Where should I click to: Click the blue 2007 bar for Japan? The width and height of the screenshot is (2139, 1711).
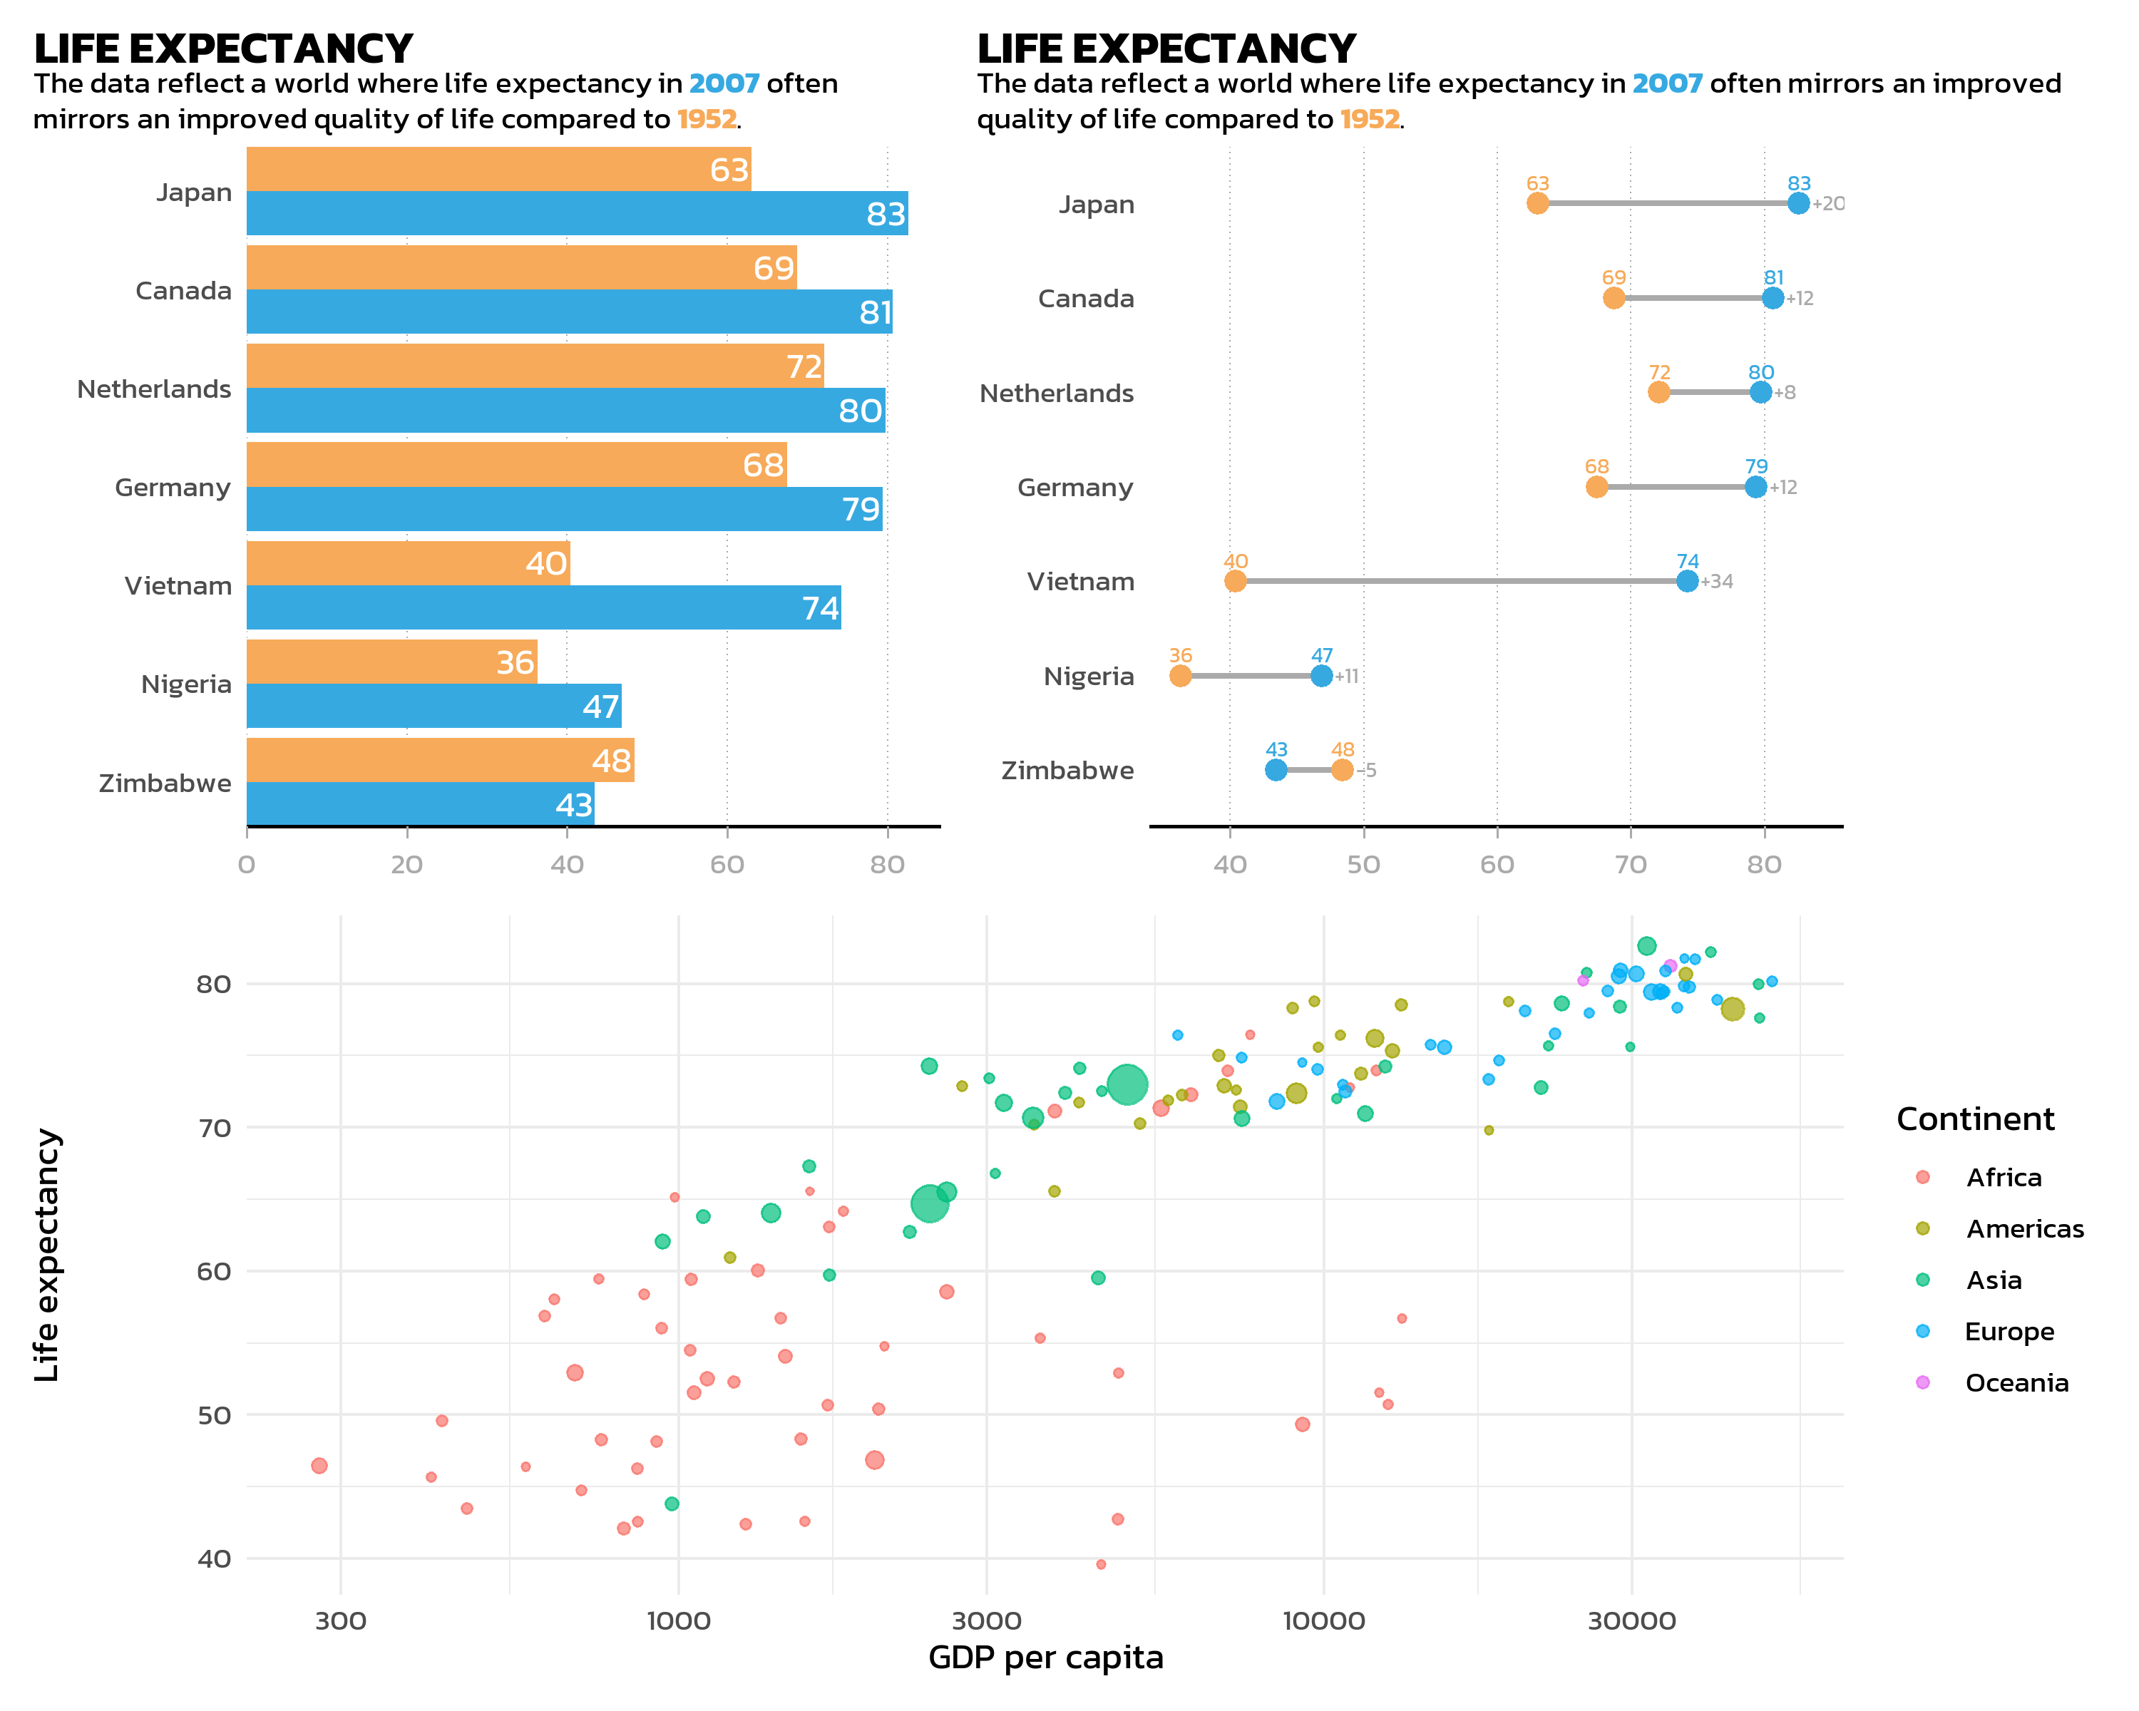[575, 213]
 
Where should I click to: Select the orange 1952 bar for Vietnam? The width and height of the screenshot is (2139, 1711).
[407, 562]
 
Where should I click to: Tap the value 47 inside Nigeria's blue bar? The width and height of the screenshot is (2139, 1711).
[600, 707]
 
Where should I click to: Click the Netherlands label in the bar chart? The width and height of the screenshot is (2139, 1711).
[154, 389]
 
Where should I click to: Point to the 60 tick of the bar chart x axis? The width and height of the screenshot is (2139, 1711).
[727, 864]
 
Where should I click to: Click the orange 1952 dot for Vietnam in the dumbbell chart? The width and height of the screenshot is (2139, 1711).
[1234, 581]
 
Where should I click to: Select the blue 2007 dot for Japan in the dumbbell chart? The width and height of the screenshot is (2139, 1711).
[1797, 203]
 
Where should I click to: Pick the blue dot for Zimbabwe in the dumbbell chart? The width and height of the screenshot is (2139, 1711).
[1276, 770]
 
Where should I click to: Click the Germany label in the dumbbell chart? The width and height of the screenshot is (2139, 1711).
[1074, 487]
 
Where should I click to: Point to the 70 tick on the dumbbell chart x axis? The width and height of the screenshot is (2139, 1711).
[1630, 864]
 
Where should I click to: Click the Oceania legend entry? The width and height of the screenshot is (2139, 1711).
[2016, 1382]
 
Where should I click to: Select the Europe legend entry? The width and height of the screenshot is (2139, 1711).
[2008, 1331]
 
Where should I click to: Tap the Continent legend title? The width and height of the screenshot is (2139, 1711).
[1974, 1119]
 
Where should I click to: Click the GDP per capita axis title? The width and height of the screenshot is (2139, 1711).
[1045, 1658]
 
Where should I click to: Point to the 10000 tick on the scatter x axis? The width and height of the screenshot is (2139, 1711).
[1323, 1620]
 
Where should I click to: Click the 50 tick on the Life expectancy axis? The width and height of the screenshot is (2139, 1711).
[215, 1415]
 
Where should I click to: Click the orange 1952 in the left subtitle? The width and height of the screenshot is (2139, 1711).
[707, 119]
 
